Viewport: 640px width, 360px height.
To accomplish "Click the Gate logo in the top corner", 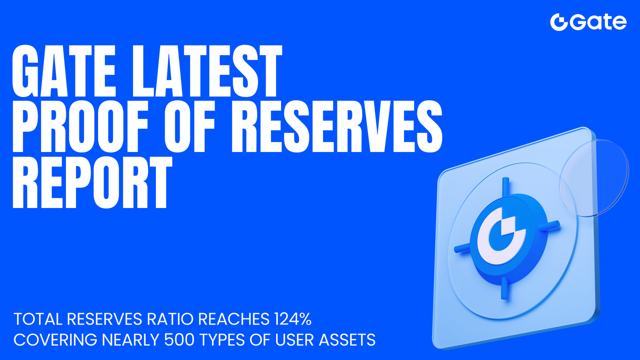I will point(588,22).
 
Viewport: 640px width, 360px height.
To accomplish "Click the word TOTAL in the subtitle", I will point(37,318).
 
